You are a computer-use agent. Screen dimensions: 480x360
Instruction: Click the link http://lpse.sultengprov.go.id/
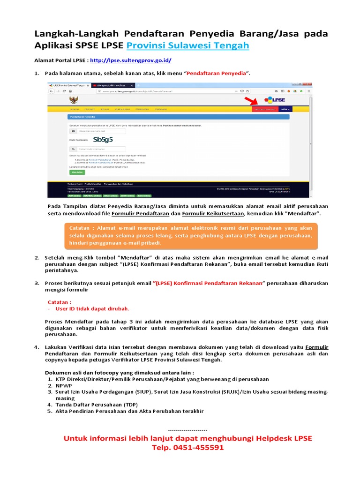pyautogui.click(x=130, y=60)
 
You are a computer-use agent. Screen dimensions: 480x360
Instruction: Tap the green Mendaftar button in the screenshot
pyautogui.click(x=75, y=172)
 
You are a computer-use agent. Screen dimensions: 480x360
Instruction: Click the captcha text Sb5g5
pyautogui.click(x=103, y=139)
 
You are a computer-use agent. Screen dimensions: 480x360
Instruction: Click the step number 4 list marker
pyautogui.click(x=36, y=347)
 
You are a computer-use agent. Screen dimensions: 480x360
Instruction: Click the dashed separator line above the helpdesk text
pyautogui.click(x=187, y=430)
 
